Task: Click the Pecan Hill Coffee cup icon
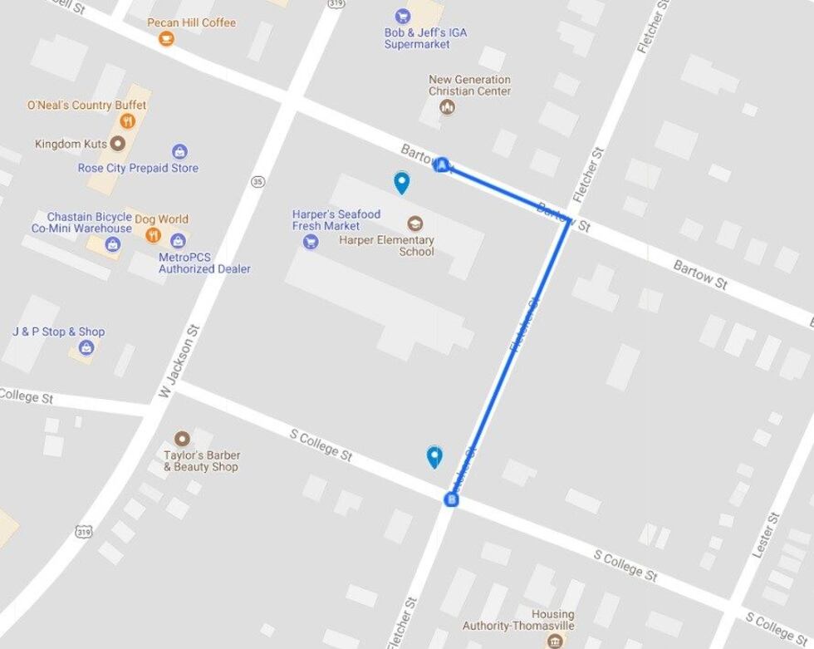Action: click(166, 38)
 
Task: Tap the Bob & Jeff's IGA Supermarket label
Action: click(425, 38)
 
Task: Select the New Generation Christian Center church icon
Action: click(448, 107)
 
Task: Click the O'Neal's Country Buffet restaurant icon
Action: click(127, 121)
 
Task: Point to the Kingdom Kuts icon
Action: click(118, 144)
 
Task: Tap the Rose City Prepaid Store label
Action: click(138, 168)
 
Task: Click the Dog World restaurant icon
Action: click(152, 235)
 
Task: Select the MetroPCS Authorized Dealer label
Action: click(204, 263)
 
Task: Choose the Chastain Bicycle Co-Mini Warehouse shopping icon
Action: click(112, 244)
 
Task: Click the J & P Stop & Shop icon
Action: click(86, 348)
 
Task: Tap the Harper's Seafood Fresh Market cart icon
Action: click(311, 242)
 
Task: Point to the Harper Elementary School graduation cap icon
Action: click(414, 223)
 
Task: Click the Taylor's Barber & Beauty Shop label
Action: click(201, 461)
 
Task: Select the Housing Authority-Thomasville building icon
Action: click(554, 641)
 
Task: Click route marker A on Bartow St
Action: click(443, 165)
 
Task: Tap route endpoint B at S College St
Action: click(451, 499)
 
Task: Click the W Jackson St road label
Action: click(180, 361)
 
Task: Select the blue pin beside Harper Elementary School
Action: click(402, 182)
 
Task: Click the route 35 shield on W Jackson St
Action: click(257, 181)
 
